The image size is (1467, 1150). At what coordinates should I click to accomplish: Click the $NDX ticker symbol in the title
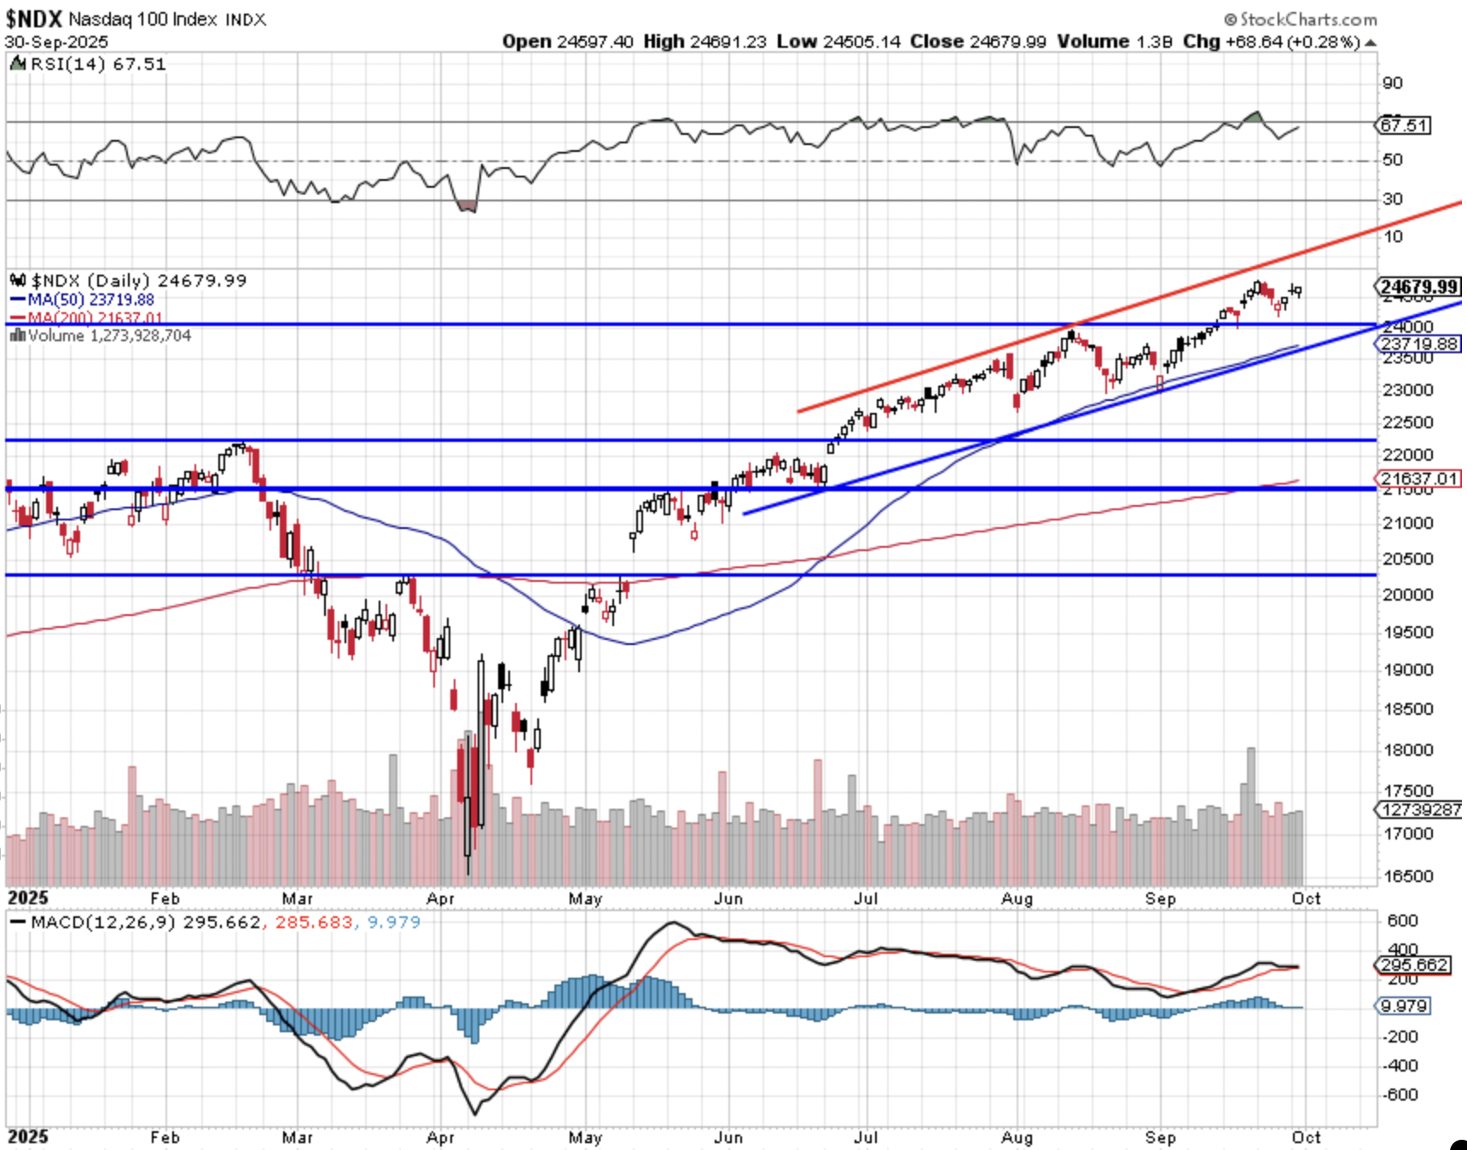[x=34, y=19]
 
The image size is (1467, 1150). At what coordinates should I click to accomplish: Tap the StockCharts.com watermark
[x=1301, y=19]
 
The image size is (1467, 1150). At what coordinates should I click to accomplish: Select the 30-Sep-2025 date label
[x=56, y=42]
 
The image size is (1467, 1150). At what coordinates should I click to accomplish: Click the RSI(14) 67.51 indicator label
[x=97, y=64]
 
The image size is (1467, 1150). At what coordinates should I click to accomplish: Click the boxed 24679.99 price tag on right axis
[x=1419, y=287]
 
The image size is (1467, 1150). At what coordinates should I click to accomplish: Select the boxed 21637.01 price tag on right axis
[x=1419, y=479]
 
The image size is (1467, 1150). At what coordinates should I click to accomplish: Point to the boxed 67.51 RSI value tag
[x=1404, y=125]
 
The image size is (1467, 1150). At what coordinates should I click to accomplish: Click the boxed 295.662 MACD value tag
[x=1414, y=965]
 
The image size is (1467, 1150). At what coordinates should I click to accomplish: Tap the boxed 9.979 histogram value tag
[x=1405, y=1006]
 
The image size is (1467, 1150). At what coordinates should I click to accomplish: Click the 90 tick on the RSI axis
[x=1392, y=83]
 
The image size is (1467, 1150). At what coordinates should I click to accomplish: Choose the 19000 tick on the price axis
[x=1407, y=670]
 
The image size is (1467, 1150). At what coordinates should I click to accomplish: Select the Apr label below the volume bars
[x=440, y=898]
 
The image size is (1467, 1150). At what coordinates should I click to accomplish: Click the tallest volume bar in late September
[x=1251, y=816]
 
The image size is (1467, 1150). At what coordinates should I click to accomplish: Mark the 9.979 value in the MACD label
[x=393, y=922]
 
